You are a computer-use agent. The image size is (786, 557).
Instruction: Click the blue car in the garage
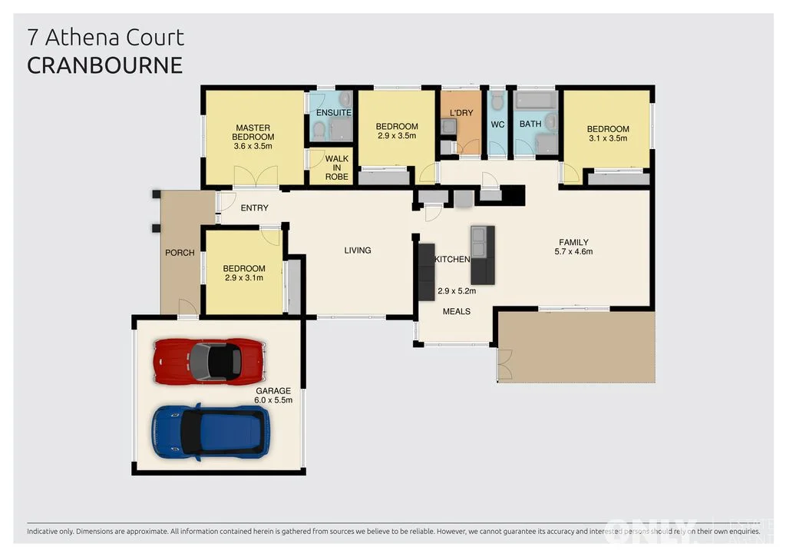[x=210, y=432]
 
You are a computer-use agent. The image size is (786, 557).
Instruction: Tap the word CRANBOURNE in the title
[x=104, y=65]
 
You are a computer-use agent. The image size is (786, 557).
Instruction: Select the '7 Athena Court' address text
[x=105, y=37]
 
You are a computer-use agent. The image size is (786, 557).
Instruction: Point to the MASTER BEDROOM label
[x=253, y=137]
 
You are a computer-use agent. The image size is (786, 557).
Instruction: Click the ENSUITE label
[x=333, y=113]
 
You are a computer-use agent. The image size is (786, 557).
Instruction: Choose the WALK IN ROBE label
[x=336, y=168]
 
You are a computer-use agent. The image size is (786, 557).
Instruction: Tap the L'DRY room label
[x=461, y=113]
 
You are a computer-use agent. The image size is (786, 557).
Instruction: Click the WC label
[x=497, y=124]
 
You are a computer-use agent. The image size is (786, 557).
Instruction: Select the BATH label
[x=530, y=124]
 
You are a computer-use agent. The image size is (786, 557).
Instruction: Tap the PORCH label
[x=180, y=253]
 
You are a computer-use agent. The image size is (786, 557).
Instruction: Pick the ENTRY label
[x=254, y=208]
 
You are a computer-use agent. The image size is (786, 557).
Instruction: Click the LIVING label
[x=357, y=250]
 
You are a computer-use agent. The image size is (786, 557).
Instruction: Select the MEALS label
[x=456, y=311]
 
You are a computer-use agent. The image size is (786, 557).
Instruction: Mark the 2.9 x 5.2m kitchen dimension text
[x=457, y=291]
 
